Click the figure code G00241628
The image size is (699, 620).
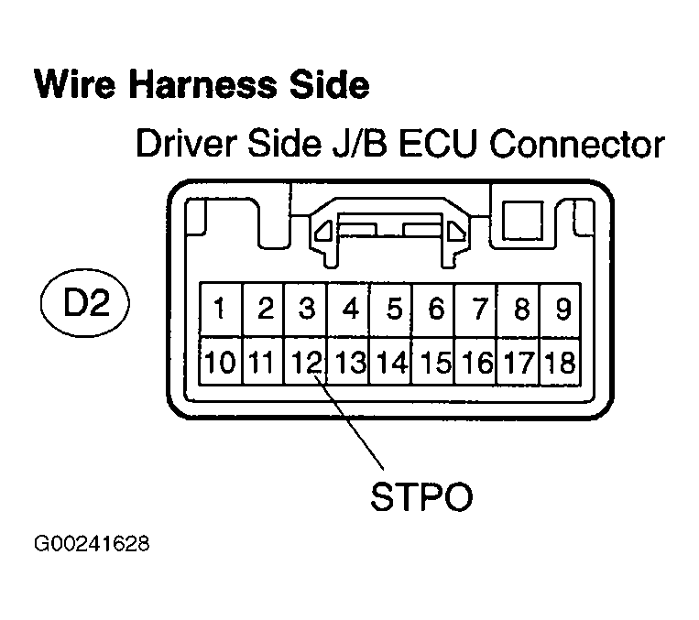coord(92,547)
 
